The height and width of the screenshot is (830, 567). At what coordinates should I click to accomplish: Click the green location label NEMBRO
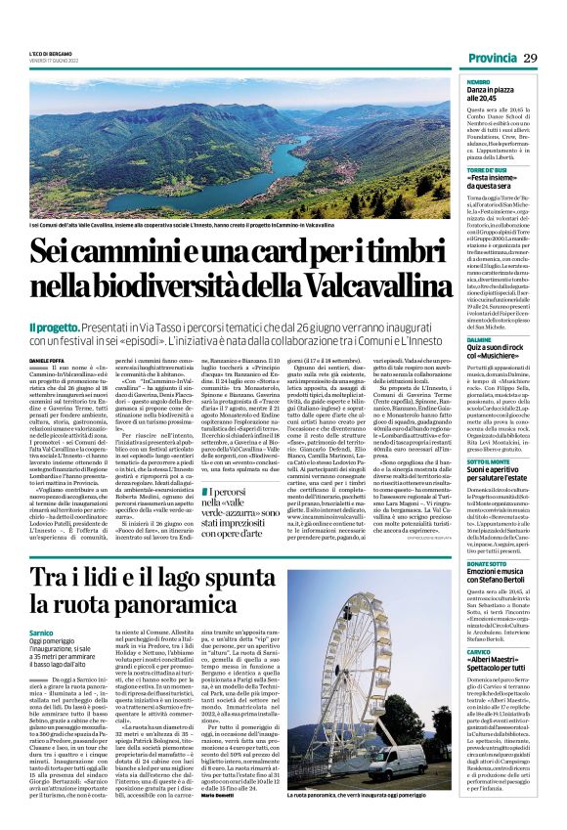(x=479, y=82)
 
